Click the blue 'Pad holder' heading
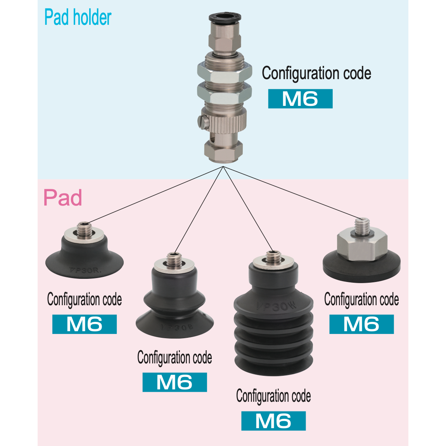78,17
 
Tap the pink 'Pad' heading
63,197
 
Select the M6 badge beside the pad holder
300,99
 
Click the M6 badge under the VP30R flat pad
85,324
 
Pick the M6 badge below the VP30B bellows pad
175,382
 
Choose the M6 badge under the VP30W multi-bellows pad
273,421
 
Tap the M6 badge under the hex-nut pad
361,324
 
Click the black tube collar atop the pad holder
225,17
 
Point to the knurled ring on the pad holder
227,121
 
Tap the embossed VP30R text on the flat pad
85,270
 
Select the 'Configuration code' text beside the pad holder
316,73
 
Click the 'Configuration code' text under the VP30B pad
175,358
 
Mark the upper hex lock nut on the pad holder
225,71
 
